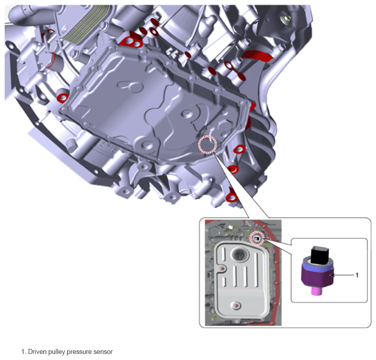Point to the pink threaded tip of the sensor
(317, 291)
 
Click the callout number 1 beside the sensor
(357, 275)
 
